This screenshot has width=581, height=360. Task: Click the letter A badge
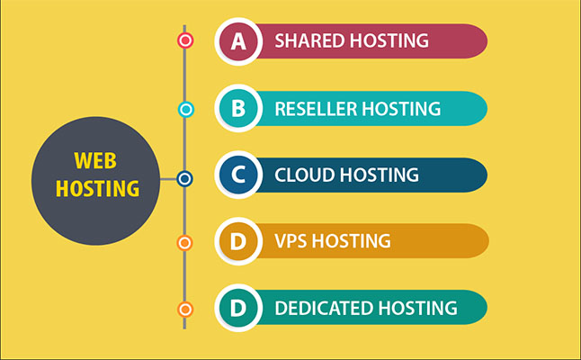[238, 41]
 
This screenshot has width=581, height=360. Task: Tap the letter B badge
[238, 108]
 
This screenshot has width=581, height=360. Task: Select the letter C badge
[238, 175]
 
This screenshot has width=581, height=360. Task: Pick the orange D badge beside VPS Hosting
[238, 241]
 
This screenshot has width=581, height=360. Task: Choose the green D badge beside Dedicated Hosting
[238, 308]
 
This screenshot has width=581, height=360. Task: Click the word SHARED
[309, 40]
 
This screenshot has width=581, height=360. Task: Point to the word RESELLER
[315, 109]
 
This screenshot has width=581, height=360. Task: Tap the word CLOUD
[305, 175]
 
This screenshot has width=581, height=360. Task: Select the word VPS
[290, 241]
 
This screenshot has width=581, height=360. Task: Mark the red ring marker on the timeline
[185, 40]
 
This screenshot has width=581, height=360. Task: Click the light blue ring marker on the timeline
[186, 110]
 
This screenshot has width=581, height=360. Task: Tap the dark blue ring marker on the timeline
[184, 179]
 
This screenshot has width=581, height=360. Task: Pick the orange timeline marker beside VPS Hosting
[184, 243]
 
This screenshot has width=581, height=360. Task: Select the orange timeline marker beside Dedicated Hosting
[185, 310]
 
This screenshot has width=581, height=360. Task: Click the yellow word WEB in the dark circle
[95, 160]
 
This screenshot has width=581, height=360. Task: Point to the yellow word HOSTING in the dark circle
[97, 188]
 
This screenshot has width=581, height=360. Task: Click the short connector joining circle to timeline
[168, 179]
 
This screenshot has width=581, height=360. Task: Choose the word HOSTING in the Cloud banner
[380, 175]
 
